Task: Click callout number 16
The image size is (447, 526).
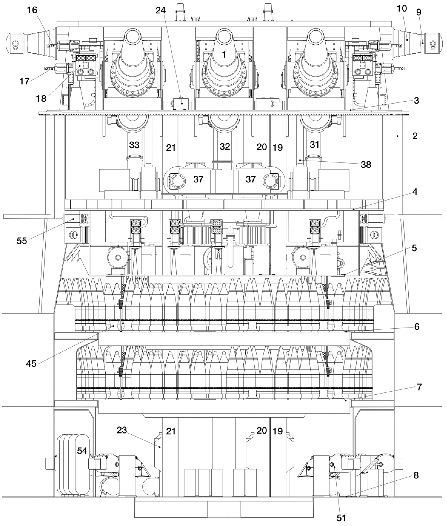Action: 32,10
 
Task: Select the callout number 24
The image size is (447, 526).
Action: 161,10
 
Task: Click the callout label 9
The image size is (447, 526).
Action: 419,12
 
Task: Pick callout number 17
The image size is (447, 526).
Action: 24,81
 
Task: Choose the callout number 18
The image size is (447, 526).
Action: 41,98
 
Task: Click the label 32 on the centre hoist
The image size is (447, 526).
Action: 225,146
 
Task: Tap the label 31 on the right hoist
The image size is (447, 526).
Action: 315,145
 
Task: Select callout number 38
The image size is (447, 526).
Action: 366,165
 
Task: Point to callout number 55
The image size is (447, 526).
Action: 22,241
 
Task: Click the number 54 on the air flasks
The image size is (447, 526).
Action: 82,451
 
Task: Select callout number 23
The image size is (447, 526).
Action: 122,430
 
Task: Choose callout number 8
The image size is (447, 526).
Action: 416,476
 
